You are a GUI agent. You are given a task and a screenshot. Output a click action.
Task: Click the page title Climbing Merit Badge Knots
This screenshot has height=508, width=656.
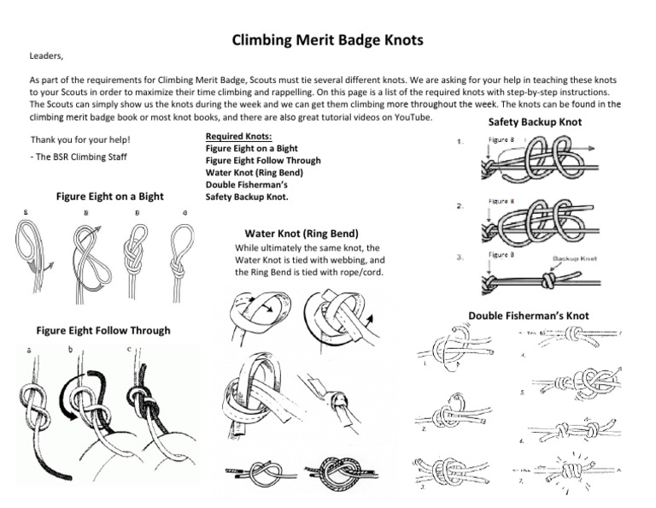[x=328, y=40]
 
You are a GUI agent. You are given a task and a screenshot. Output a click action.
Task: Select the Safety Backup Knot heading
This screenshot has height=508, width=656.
[x=534, y=121]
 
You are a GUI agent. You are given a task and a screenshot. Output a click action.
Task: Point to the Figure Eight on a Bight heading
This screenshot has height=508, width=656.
[x=109, y=197]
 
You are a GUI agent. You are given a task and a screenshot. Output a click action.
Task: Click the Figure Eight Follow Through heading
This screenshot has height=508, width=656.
[x=103, y=330]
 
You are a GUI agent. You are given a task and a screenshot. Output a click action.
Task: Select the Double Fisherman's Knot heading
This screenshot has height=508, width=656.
[x=528, y=316]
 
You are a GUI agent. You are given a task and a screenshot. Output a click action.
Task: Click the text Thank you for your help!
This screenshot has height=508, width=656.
[x=80, y=139]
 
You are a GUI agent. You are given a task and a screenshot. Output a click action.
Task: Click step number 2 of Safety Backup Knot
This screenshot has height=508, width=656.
[x=460, y=206]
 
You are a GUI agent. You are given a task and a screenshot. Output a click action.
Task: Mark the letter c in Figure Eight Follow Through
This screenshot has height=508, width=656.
[x=128, y=347]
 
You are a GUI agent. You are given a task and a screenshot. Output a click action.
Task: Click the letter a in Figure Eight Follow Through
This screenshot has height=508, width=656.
[x=27, y=351]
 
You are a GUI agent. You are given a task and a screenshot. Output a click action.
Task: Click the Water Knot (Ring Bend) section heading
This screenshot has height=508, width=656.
[x=301, y=233]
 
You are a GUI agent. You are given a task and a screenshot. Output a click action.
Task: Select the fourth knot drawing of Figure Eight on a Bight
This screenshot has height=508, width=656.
[x=184, y=251]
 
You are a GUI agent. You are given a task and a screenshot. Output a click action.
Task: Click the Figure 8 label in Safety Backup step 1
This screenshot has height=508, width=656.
[x=501, y=139]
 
